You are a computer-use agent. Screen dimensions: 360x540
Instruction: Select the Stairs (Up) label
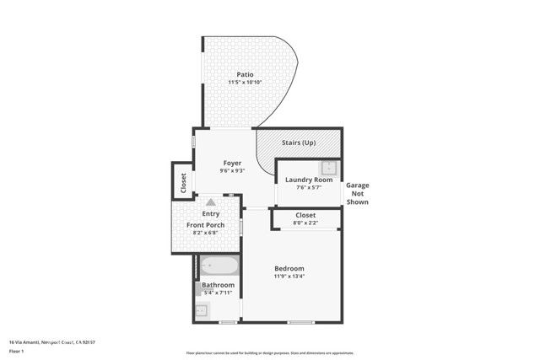(298, 142)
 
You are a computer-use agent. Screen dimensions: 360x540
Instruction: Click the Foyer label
(232, 163)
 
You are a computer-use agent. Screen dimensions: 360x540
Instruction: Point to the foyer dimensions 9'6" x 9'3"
(232, 171)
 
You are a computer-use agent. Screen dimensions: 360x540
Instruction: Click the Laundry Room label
(308, 180)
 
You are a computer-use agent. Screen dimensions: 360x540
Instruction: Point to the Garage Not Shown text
(358, 193)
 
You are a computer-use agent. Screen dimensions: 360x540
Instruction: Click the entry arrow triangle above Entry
(210, 202)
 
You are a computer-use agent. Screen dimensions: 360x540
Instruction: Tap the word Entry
(210, 214)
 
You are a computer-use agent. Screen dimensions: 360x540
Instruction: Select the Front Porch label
(205, 225)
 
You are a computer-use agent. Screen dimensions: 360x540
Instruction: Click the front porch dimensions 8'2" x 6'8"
(205, 234)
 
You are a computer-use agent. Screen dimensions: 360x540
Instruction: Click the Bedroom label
(289, 268)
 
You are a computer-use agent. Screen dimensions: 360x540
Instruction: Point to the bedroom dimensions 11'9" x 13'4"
(289, 277)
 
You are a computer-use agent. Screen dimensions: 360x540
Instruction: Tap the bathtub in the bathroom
(219, 267)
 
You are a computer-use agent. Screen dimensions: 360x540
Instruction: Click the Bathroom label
(218, 285)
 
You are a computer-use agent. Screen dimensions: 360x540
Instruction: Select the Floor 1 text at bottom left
(16, 351)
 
